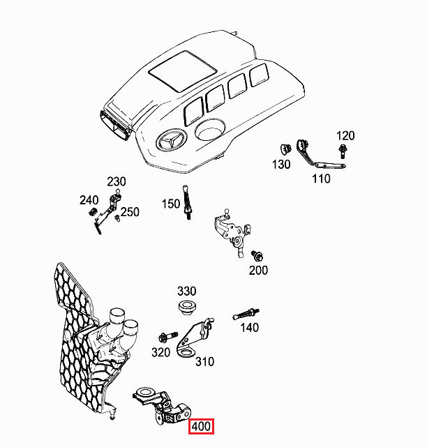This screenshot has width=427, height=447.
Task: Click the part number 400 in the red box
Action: click(x=202, y=427)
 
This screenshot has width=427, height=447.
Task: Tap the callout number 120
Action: click(x=345, y=135)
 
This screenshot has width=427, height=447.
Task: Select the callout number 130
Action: click(x=281, y=165)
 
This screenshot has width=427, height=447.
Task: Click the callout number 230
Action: click(x=117, y=181)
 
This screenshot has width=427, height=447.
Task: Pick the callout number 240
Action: click(x=89, y=200)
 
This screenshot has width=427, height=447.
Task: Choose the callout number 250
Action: click(x=130, y=212)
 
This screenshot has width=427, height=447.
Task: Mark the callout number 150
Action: click(x=171, y=204)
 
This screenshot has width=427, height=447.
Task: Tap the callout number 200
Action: click(x=258, y=270)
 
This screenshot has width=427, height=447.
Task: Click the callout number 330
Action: click(x=187, y=291)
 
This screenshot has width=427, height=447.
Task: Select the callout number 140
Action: click(x=249, y=327)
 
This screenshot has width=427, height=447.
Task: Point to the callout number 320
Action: click(x=161, y=352)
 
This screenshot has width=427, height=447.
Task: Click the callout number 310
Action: click(x=204, y=362)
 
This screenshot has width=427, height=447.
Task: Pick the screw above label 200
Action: click(x=256, y=254)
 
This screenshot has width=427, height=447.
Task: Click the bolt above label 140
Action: click(x=250, y=312)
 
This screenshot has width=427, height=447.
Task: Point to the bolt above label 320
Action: click(x=168, y=336)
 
